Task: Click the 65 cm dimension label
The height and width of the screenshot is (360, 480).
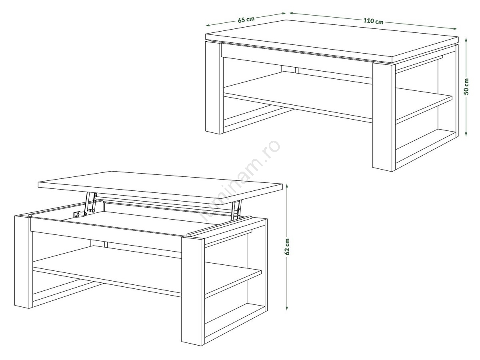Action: coord(246,20)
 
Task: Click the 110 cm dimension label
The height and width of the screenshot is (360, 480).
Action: coord(373,21)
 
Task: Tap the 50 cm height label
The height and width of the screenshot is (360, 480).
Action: coord(466,86)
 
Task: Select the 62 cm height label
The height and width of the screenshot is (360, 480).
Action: coord(287,247)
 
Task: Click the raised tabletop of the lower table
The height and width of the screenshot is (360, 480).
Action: coord(160,188)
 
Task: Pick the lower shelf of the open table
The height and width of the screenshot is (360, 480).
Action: coord(147,271)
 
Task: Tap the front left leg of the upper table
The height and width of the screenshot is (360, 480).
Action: coord(214,88)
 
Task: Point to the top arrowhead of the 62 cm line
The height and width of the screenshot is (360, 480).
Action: coord(287,186)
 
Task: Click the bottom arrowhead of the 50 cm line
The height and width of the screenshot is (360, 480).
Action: coord(466,133)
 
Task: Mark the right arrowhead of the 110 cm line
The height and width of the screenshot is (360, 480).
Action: coord(455,28)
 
